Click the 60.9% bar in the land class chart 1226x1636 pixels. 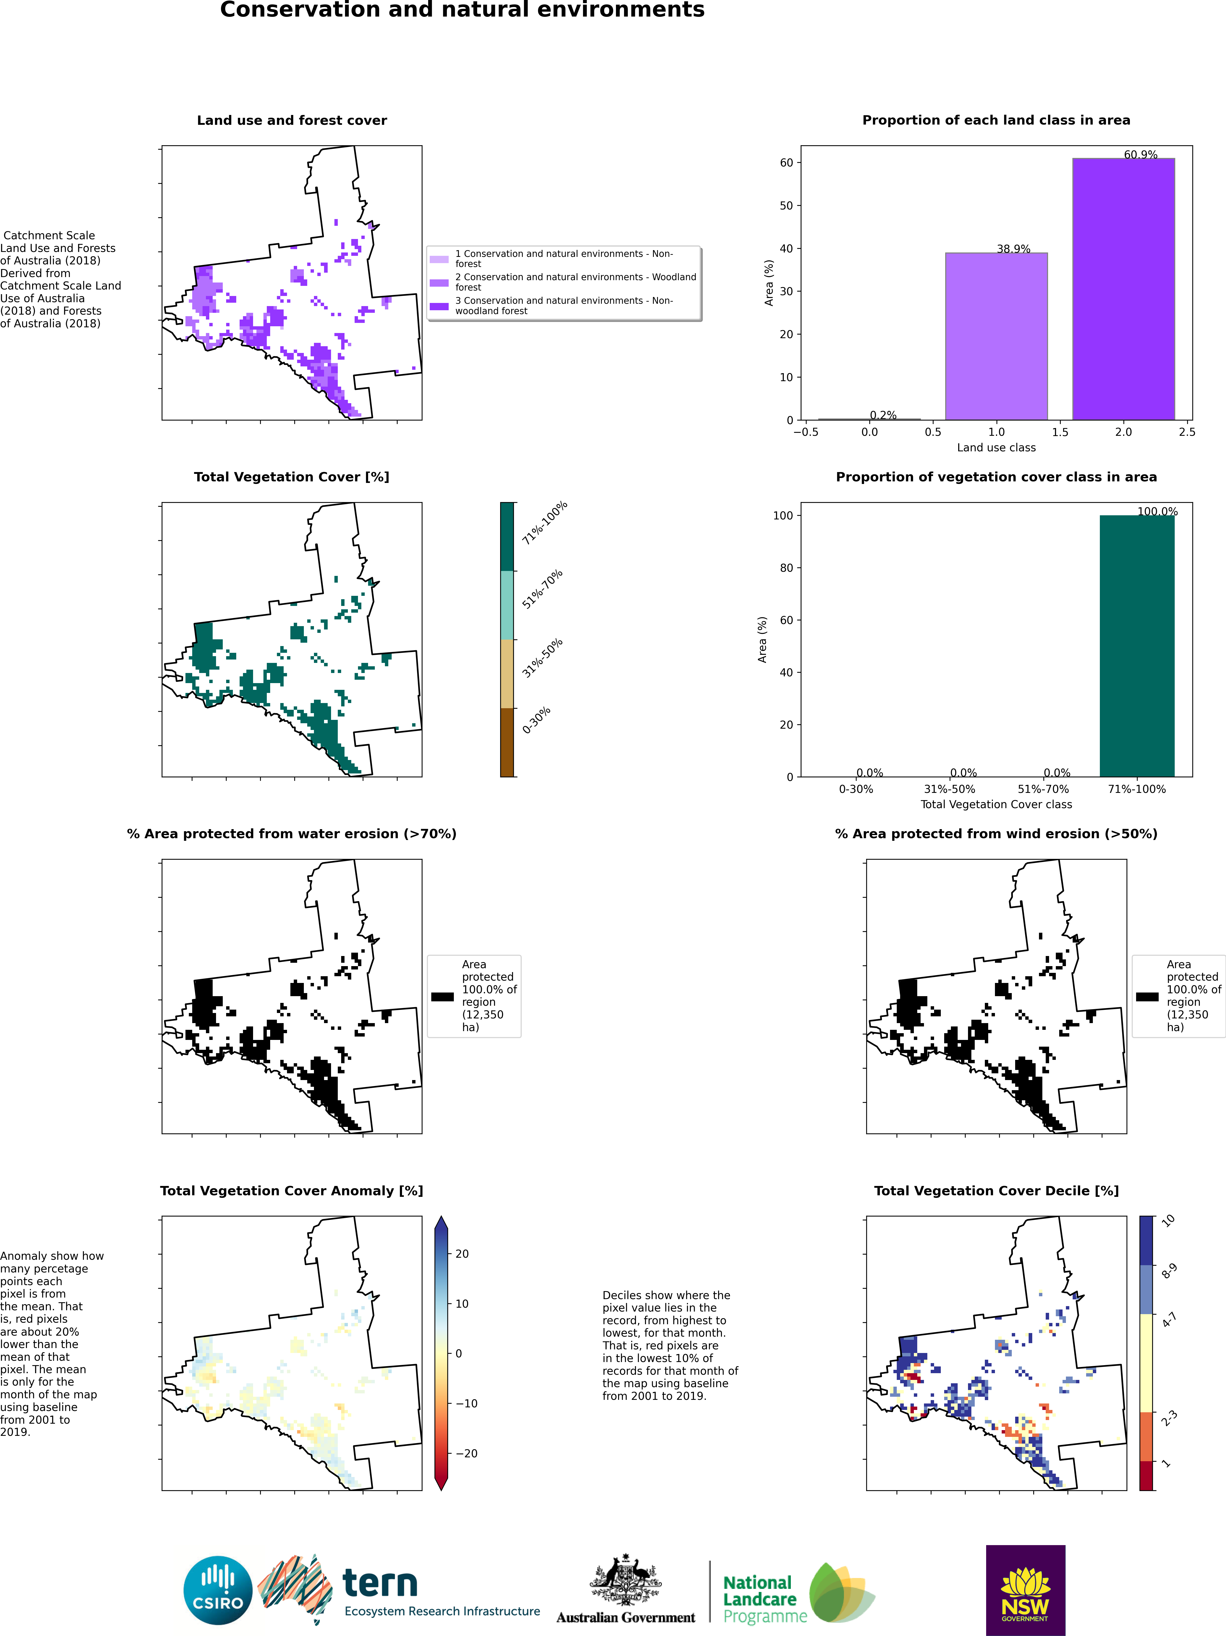point(1123,288)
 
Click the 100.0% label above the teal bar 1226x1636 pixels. point(1157,511)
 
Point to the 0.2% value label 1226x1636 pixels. point(883,415)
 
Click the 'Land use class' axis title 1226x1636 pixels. point(996,447)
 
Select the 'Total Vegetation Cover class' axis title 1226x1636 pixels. point(996,804)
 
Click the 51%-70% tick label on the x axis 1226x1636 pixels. point(1043,789)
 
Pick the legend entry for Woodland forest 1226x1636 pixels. point(575,282)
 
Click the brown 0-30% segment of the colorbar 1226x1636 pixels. point(507,742)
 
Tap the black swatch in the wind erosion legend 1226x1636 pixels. point(1147,996)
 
